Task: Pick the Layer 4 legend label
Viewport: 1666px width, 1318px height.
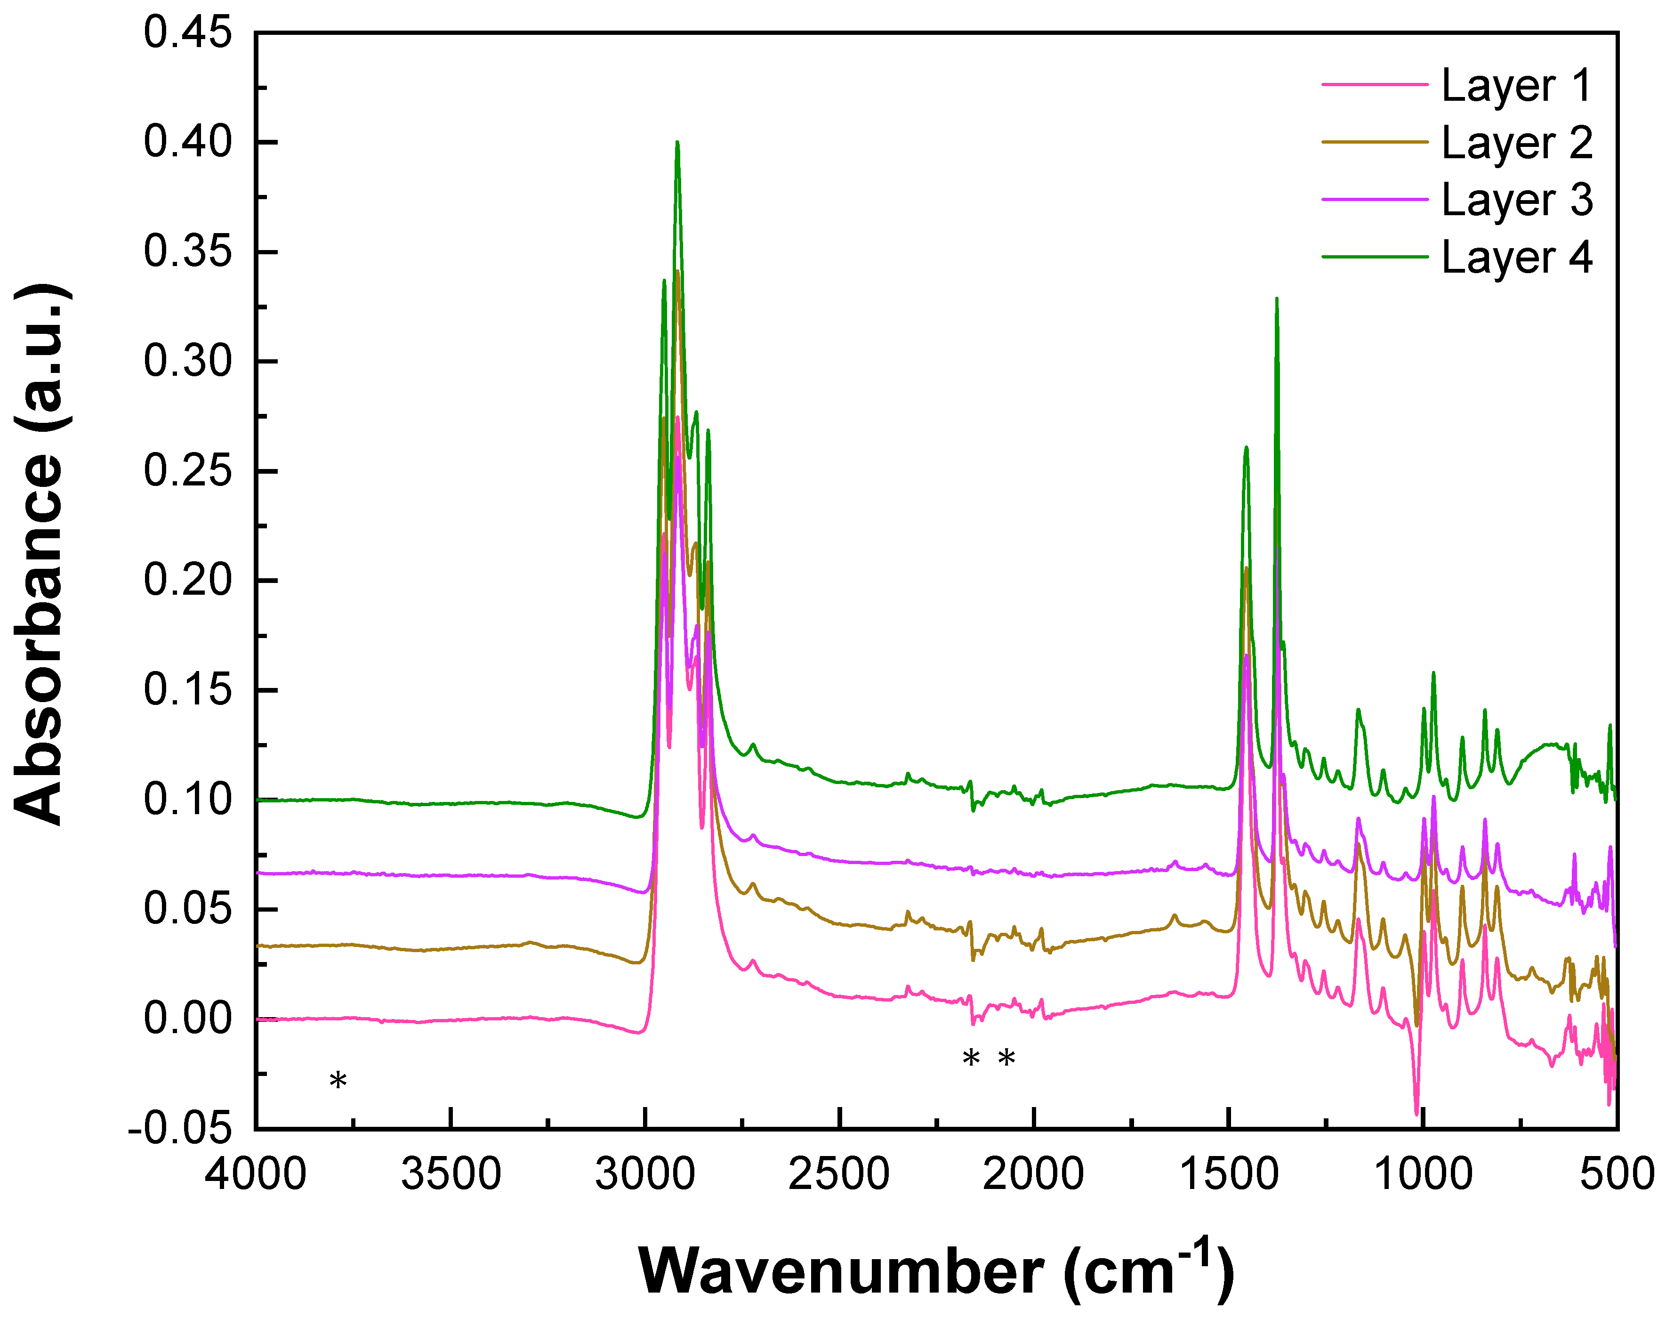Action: point(1516,257)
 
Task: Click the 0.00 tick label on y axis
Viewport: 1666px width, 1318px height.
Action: point(187,1019)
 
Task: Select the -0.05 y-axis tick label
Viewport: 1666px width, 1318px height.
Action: point(180,1128)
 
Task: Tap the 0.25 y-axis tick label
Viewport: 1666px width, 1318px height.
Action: point(187,471)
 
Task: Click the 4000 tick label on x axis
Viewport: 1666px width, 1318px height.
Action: point(255,1174)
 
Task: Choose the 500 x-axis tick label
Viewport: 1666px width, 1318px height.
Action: point(1617,1174)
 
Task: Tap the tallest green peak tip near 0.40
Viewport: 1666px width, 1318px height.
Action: point(677,142)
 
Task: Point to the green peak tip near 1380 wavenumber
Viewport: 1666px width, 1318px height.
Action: point(1277,299)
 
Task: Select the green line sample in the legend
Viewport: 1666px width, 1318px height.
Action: point(1375,257)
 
